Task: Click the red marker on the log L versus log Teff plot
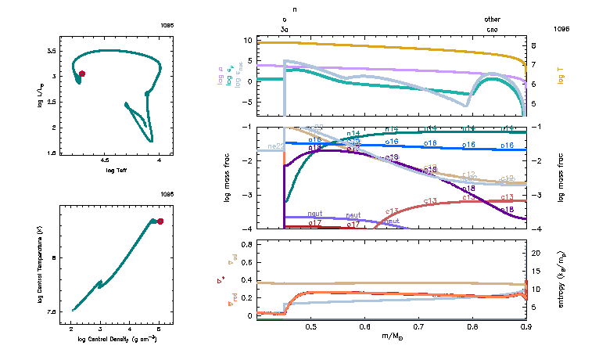82,74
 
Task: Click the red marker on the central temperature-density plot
160,221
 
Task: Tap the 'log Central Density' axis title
119,339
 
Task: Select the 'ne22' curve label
275,146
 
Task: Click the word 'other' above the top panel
492,19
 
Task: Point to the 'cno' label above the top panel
492,29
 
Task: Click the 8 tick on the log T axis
533,45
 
